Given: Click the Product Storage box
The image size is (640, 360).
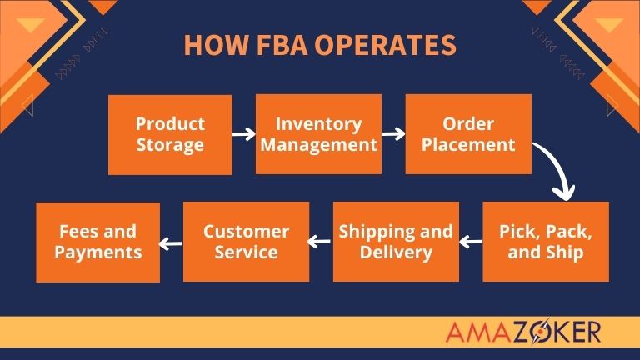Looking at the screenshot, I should click(170, 134).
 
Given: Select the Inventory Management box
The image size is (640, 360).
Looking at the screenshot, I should click(318, 134).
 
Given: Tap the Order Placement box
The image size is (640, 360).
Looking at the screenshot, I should click(468, 134).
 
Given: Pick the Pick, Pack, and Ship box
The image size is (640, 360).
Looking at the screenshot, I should click(546, 242).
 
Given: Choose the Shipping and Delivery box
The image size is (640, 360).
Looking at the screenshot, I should click(396, 242).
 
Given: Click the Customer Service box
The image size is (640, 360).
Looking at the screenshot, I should click(246, 242).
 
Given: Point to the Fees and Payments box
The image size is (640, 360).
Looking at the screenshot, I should click(97, 242).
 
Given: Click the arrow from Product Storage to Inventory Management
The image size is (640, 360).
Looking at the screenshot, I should click(243, 133).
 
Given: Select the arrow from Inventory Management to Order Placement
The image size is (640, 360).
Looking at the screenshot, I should click(393, 133).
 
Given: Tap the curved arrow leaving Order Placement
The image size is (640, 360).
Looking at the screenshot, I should click(557, 171).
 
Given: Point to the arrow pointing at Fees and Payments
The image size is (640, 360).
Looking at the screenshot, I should click(171, 243).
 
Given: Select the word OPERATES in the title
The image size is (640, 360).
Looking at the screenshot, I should click(385, 45).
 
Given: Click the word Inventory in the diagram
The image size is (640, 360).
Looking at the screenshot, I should click(318, 124).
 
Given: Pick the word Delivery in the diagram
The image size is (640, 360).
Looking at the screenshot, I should click(396, 252).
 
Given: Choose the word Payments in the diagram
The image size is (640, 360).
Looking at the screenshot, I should click(97, 252).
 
